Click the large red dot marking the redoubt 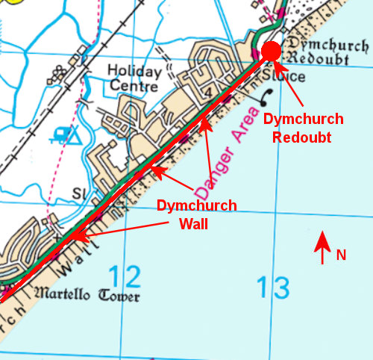click(271, 51)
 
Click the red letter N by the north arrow click(341, 255)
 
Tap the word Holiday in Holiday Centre click(134, 72)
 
